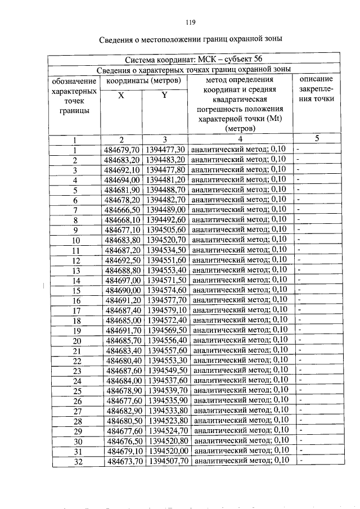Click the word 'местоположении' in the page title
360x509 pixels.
coord(164,39)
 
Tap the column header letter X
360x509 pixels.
coord(121,96)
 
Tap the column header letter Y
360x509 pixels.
coord(164,96)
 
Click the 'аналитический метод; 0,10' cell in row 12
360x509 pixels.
coord(239,260)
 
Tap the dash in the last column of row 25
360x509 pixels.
coord(300,390)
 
